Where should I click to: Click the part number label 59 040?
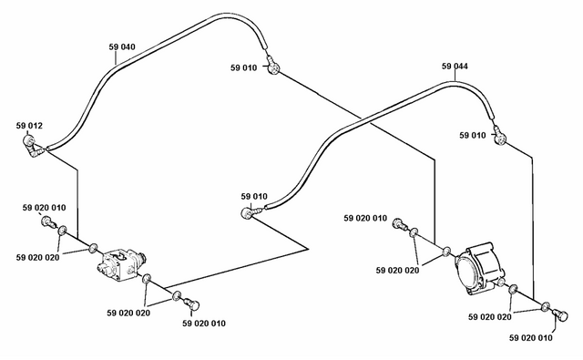122,46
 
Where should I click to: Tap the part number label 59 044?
455,67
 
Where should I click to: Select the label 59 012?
29,126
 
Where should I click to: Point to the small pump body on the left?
121,265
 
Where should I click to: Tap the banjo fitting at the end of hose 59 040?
273,67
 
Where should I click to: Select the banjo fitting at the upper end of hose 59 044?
499,136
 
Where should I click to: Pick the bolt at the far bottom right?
560,314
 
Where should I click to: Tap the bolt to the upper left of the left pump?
49,222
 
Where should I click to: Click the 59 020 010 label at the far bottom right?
530,338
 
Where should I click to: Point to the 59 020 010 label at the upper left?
44,208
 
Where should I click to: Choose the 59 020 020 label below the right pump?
490,317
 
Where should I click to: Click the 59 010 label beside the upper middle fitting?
243,67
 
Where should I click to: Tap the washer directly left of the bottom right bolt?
546,306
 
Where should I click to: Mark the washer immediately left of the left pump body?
93,248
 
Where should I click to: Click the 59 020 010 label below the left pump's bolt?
204,324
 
